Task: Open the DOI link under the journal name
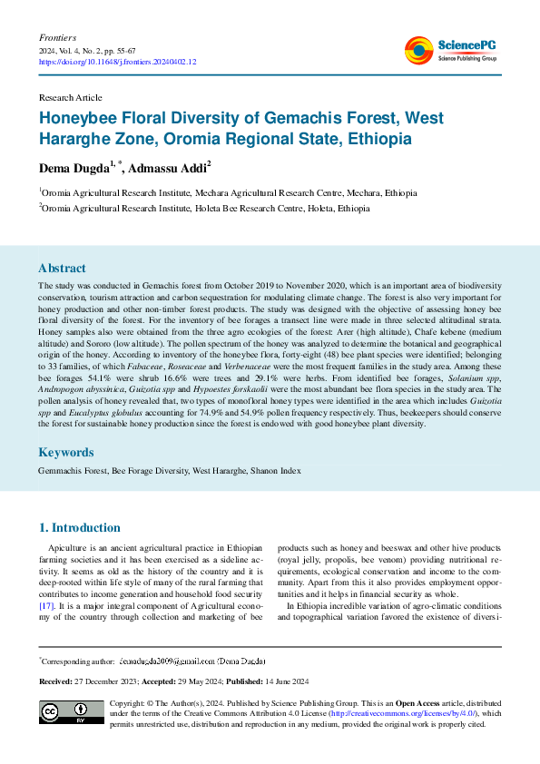point(117,63)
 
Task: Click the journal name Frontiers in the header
point(57,38)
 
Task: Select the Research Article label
point(70,97)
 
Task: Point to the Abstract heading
point(62,269)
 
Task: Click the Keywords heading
point(65,452)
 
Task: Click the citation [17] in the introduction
point(47,603)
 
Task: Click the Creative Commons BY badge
point(71,713)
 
